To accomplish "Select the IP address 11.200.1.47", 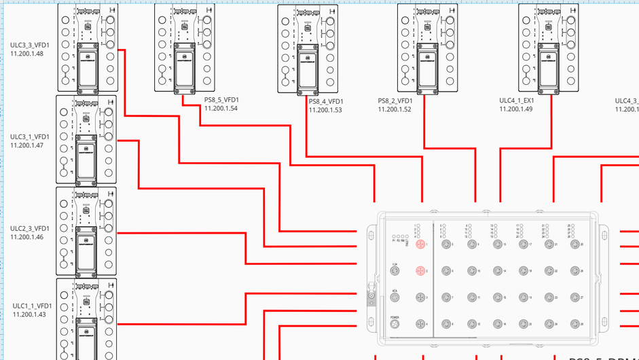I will [x=27, y=145].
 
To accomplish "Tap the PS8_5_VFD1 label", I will [x=221, y=100].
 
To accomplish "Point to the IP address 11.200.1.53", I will [x=325, y=109].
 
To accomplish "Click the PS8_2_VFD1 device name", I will [x=396, y=101].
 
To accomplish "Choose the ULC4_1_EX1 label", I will [x=516, y=101].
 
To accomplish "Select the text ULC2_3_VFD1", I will [x=30, y=228].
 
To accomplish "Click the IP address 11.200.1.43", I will [x=29, y=314].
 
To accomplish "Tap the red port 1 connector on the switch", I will [x=420, y=244].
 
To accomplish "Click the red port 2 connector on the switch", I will [x=420, y=271].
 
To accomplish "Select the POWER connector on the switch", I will [x=395, y=324].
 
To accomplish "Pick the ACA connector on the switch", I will [x=395, y=298].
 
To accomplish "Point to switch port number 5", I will [x=446, y=244].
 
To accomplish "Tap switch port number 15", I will [x=498, y=298].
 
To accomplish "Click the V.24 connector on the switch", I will [x=395, y=271].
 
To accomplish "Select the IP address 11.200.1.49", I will [x=516, y=109].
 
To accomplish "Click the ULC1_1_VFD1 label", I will [x=32, y=306].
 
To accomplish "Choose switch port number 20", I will [x=524, y=324].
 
